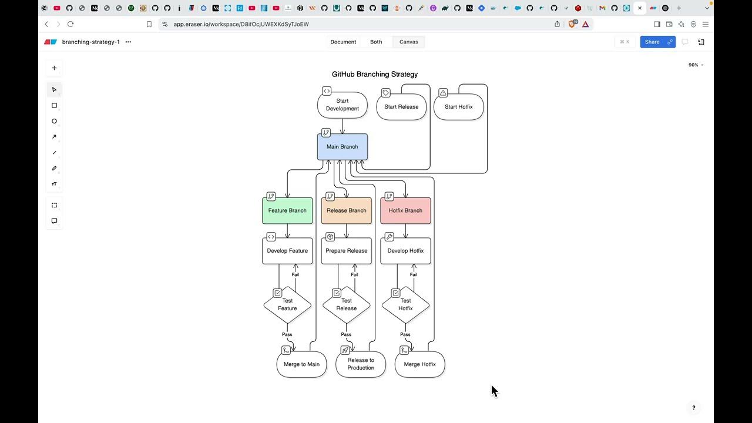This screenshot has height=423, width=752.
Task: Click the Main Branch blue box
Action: [x=343, y=147]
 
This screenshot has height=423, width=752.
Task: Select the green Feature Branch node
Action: [x=287, y=211]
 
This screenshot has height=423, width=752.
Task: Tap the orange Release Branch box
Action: [x=347, y=211]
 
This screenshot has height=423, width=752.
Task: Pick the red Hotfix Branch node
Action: [x=405, y=211]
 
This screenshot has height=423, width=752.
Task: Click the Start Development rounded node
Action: [x=343, y=105]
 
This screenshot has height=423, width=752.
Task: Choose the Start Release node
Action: [x=401, y=107]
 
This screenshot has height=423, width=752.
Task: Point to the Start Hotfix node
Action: [x=458, y=107]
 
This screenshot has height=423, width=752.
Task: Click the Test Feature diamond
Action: [x=287, y=305]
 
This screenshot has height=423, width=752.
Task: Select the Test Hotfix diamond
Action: [x=405, y=305]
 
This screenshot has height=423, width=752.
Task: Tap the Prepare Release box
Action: [x=347, y=251]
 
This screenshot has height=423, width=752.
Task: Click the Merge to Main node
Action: [x=301, y=364]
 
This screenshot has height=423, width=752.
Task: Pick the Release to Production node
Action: [x=361, y=364]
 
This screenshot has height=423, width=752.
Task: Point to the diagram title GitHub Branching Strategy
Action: [x=375, y=75]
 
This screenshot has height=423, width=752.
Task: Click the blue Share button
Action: [x=652, y=42]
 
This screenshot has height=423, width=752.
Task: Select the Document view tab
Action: [x=343, y=42]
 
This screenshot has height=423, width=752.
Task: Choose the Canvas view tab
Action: [x=409, y=42]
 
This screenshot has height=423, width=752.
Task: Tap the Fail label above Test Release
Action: [x=354, y=275]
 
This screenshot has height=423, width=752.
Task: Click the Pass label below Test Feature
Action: [x=287, y=335]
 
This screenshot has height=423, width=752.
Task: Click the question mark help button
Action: [x=693, y=408]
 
